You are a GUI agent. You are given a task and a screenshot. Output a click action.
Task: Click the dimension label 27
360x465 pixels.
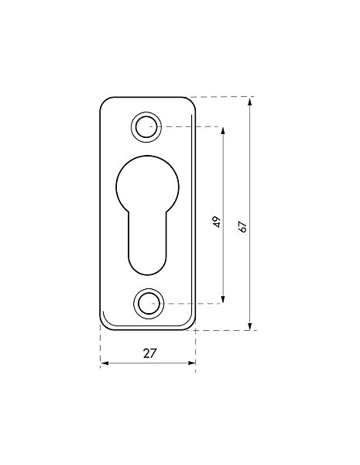pyautogui.click(x=149, y=353)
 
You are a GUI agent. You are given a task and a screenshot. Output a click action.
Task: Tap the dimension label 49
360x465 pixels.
pyautogui.click(x=217, y=222)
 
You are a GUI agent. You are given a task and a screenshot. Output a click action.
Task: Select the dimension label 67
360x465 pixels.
pyautogui.click(x=242, y=226)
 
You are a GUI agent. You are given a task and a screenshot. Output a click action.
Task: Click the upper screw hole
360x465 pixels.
pyautogui.click(x=146, y=127)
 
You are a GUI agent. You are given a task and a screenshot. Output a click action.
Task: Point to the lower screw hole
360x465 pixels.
pyautogui.click(x=149, y=304)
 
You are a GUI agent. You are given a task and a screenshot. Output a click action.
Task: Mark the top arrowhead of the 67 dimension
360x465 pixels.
pyautogui.click(x=250, y=102)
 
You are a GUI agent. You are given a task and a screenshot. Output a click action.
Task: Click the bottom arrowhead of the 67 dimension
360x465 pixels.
pyautogui.click(x=250, y=325)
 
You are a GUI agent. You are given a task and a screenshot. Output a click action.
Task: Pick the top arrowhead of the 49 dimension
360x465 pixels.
pyautogui.click(x=223, y=132)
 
